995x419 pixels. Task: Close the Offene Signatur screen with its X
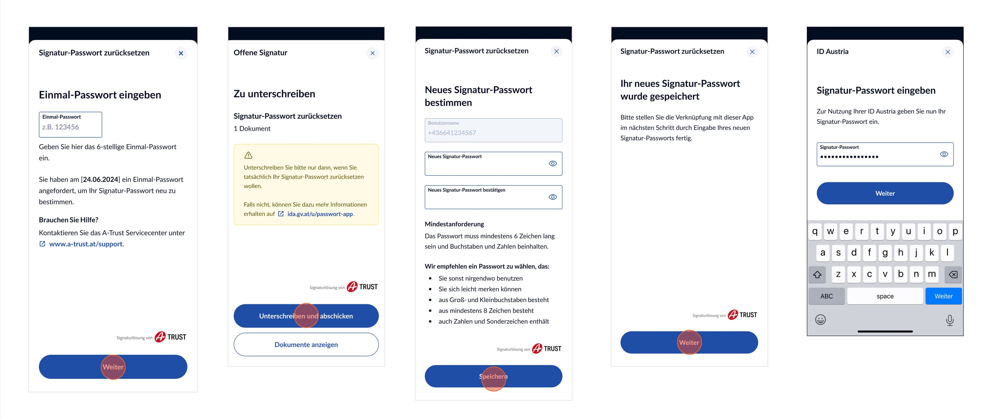coord(372,53)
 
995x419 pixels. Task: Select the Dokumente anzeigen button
coord(306,344)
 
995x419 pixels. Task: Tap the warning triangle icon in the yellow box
coord(248,155)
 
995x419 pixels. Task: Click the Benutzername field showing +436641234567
coord(493,131)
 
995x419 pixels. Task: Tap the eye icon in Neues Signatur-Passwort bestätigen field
coord(553,197)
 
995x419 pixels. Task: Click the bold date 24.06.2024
coord(101,179)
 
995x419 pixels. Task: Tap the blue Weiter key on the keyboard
coord(943,296)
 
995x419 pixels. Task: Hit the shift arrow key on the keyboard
coord(817,274)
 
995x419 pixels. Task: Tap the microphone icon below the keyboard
coord(950,320)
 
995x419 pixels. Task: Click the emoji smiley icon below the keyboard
coord(820,320)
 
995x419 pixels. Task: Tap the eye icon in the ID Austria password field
coord(944,154)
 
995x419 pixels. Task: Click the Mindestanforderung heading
coord(454,224)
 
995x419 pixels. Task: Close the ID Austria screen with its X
coord(948,52)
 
